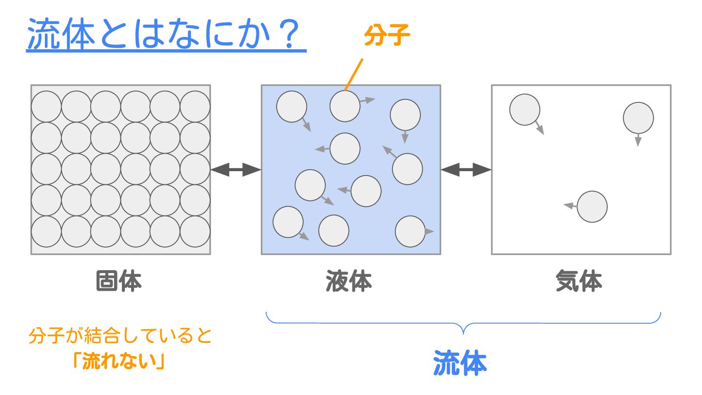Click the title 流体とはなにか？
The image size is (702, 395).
[166, 35]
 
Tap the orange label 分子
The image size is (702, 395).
[388, 35]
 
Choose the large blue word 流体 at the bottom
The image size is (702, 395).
[460, 363]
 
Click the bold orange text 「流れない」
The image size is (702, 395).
[118, 361]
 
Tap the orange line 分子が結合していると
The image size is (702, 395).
[120, 336]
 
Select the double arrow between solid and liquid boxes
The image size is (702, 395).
[236, 170]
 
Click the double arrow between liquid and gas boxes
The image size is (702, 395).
[466, 170]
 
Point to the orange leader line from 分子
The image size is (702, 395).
[354, 74]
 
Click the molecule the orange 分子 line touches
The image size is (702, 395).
[345, 106]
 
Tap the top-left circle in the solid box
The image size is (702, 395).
[46, 106]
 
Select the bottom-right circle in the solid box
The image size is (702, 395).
[195, 231]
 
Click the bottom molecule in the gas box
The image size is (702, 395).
[592, 207]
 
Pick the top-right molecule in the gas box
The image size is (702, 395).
[638, 118]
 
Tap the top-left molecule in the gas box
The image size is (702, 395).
[525, 110]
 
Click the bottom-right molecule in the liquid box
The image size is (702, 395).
[410, 231]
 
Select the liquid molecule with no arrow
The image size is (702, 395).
[334, 230]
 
